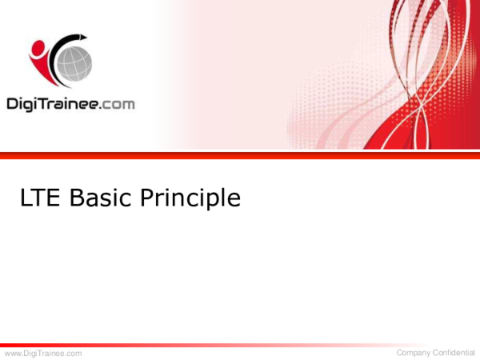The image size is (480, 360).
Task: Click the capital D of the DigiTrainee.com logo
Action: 12,103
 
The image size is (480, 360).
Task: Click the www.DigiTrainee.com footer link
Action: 43,353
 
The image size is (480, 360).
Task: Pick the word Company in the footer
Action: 417,353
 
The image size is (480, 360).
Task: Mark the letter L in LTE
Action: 28,198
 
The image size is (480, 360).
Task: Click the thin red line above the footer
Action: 240,345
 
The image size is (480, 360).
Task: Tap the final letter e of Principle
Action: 233,200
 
